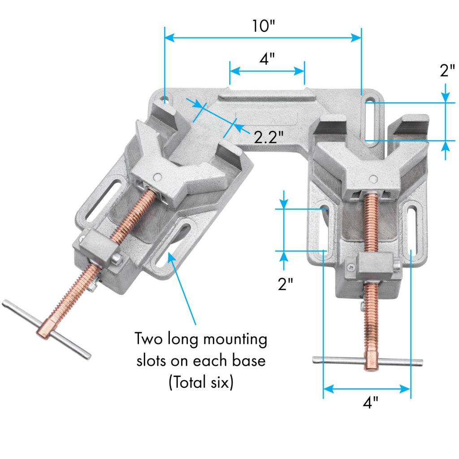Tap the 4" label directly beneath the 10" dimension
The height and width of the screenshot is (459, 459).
pyautogui.click(x=267, y=59)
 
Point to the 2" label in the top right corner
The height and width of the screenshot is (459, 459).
pyautogui.click(x=447, y=71)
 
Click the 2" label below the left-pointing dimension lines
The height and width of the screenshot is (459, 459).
pyautogui.click(x=285, y=284)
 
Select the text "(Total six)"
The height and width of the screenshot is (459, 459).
pyautogui.click(x=201, y=383)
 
